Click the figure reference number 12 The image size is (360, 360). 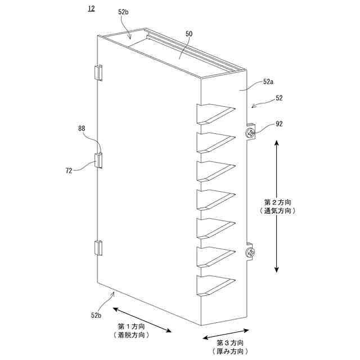pos(91,8)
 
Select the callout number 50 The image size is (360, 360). pos(189,34)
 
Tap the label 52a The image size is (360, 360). pos(269,82)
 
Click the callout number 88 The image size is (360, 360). pos(83,129)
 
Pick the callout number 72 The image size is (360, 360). pos(69,170)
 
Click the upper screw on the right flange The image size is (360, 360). pos(250,133)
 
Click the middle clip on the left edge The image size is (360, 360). pos(98,160)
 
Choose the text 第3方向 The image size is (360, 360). pos(231,343)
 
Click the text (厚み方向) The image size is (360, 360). pos(231,352)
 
